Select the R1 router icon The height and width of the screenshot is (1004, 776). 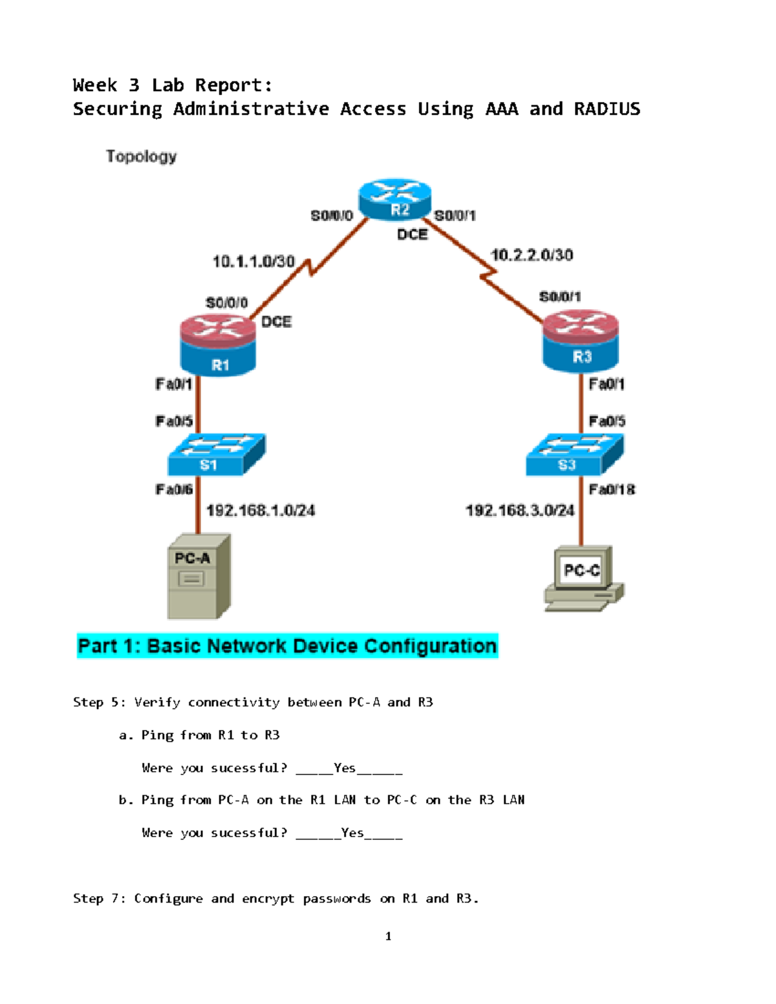click(219, 345)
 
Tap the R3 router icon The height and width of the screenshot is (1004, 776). click(581, 341)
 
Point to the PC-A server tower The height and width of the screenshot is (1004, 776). click(199, 576)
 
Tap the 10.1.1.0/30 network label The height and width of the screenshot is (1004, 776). click(253, 262)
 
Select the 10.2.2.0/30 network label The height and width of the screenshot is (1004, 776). click(532, 255)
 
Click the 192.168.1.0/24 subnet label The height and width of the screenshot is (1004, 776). click(261, 511)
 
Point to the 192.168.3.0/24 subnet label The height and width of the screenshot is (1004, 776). click(520, 511)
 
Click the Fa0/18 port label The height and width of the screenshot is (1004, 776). click(611, 489)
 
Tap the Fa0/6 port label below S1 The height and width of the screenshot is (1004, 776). click(174, 489)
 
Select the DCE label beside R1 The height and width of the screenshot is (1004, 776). click(276, 322)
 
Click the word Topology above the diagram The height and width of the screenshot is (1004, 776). click(141, 156)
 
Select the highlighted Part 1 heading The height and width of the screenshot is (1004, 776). click(287, 646)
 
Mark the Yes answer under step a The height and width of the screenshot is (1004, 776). click(345, 768)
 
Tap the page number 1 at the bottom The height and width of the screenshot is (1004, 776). click(388, 936)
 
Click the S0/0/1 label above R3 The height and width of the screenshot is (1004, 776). click(560, 297)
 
